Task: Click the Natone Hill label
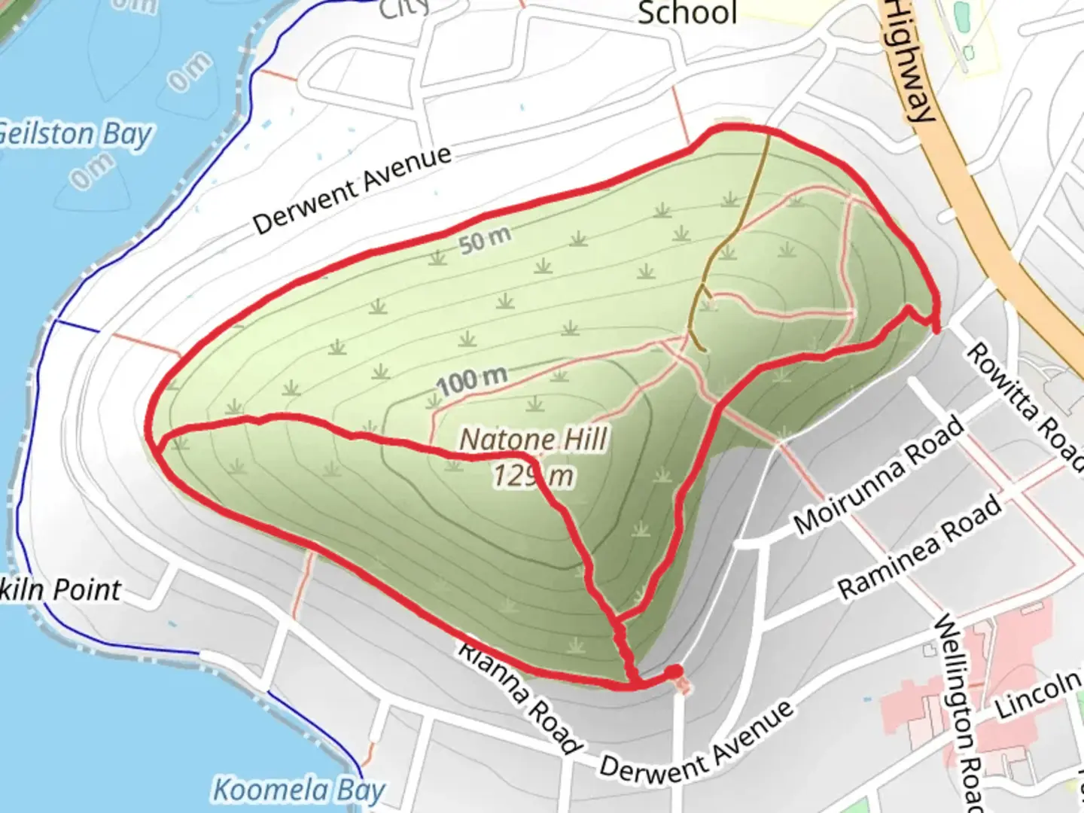click(x=534, y=439)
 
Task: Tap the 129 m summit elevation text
click(x=534, y=475)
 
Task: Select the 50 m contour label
click(x=485, y=240)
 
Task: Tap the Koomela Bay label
click(x=299, y=790)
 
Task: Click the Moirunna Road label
click(x=878, y=475)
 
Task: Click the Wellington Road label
click(x=959, y=711)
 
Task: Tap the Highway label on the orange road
click(x=910, y=60)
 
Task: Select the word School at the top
click(x=687, y=14)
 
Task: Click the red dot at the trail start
click(x=674, y=671)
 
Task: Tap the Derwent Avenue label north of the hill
click(x=352, y=189)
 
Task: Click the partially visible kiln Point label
click(x=60, y=590)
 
